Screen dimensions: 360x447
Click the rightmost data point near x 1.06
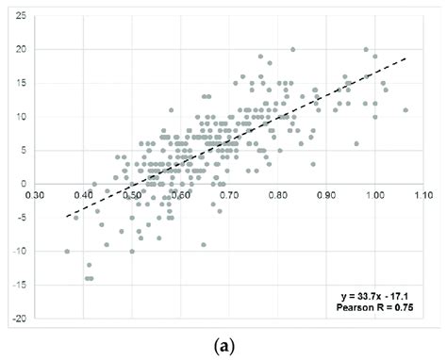coord(406,110)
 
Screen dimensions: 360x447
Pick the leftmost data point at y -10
coord(67,252)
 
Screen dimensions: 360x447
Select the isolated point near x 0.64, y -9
coord(203,245)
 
